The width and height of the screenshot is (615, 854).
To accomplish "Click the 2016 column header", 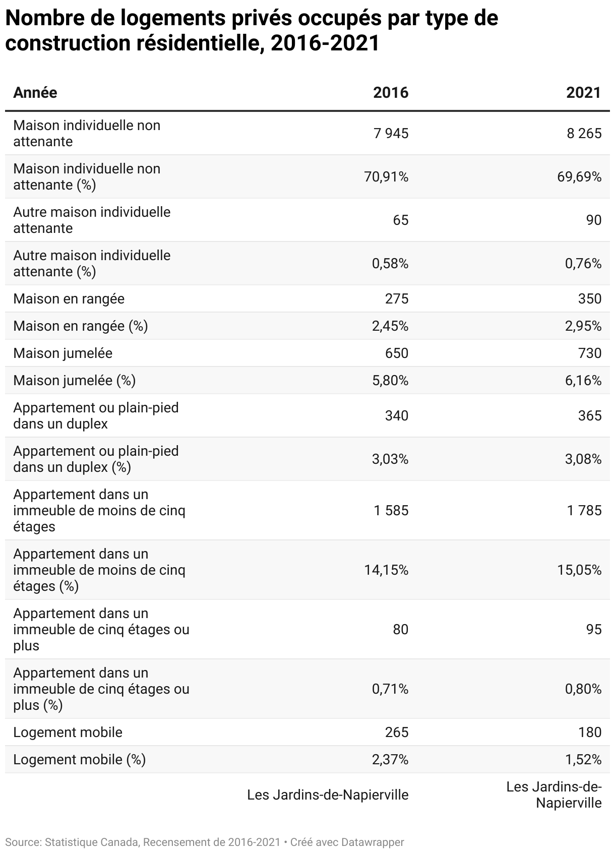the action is (391, 93).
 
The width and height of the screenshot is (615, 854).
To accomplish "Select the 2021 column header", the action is (584, 93).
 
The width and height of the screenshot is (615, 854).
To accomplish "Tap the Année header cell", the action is (35, 93).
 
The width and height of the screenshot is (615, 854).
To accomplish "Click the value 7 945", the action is (391, 133).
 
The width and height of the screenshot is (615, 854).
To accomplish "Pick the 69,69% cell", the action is (579, 176).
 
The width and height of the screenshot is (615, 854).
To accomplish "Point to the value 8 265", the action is (584, 133).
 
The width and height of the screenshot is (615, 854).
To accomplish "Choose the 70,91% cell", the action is (386, 176).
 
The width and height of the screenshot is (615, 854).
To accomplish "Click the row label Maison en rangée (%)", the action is (81, 326).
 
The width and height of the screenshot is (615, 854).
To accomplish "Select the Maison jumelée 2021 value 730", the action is (590, 353).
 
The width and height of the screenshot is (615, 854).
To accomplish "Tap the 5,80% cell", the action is (390, 380).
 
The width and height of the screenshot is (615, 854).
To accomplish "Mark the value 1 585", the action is (391, 510).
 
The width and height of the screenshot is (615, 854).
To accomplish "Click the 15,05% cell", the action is (579, 570).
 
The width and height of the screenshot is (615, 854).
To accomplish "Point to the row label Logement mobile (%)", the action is (80, 759).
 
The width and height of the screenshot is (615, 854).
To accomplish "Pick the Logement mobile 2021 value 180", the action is (590, 732).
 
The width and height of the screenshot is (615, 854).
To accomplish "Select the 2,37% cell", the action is (390, 759).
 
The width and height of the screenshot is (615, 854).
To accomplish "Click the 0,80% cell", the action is (583, 689).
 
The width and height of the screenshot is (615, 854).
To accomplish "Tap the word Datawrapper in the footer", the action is (373, 842).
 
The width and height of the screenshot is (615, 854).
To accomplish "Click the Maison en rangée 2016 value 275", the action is (397, 298).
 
